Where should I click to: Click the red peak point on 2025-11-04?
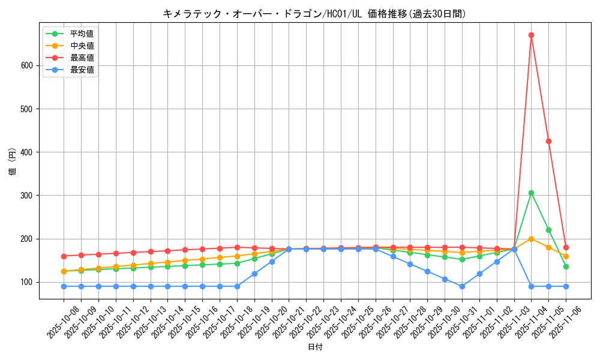tap(531, 35)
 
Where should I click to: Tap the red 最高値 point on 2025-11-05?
tap(548, 141)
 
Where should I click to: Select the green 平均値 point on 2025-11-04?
tap(531, 193)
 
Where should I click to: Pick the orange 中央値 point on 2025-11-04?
tap(531, 239)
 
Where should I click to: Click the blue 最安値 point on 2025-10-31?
tap(462, 286)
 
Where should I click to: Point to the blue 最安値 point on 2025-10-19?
tap(254, 274)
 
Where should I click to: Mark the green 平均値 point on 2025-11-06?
tap(566, 266)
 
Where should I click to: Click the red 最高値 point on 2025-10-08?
tap(64, 256)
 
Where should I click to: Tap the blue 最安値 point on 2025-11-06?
tap(566, 286)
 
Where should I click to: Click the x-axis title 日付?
tap(315, 347)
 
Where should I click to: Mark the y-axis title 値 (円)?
tap(13, 163)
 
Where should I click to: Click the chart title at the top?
tap(314, 13)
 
